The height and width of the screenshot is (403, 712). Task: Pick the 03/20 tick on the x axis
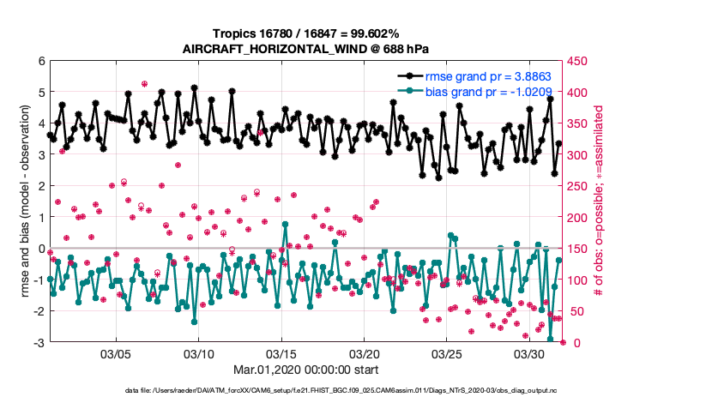point(365,354)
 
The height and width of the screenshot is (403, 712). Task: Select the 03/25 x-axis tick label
point(447,354)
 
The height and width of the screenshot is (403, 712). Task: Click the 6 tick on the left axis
point(40,61)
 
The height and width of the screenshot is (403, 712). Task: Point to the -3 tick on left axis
point(39,342)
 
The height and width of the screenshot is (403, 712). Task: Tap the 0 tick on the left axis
point(40,249)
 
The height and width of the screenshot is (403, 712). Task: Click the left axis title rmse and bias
point(23,201)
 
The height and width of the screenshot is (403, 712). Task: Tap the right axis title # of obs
point(600,201)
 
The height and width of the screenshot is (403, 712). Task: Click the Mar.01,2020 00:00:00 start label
point(305,371)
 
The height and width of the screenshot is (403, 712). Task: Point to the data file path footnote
point(305,391)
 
